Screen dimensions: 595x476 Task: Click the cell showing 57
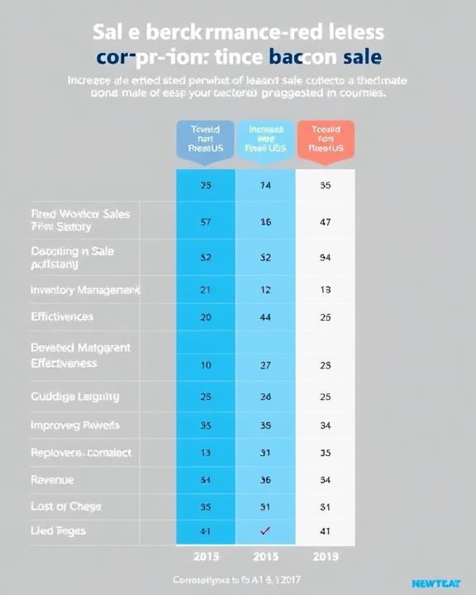(x=206, y=221)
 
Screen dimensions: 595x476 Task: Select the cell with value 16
(x=265, y=221)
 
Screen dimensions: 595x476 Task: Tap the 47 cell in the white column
(x=325, y=221)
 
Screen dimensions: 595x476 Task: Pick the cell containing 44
(x=265, y=317)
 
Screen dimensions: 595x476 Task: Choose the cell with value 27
(x=265, y=364)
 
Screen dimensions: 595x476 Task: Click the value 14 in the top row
(x=265, y=186)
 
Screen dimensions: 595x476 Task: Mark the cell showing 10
(x=206, y=364)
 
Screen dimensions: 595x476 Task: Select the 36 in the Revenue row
(x=265, y=479)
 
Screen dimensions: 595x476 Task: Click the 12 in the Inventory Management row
(x=265, y=290)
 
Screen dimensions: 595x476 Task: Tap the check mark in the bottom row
(x=265, y=531)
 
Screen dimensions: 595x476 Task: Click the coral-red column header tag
(x=325, y=139)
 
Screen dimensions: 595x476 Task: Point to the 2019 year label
(x=325, y=556)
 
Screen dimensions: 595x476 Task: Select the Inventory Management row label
(x=85, y=290)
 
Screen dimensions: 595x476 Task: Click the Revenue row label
(x=51, y=479)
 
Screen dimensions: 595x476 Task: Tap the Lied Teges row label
(x=58, y=531)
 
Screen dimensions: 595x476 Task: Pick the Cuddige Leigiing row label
(x=74, y=397)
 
